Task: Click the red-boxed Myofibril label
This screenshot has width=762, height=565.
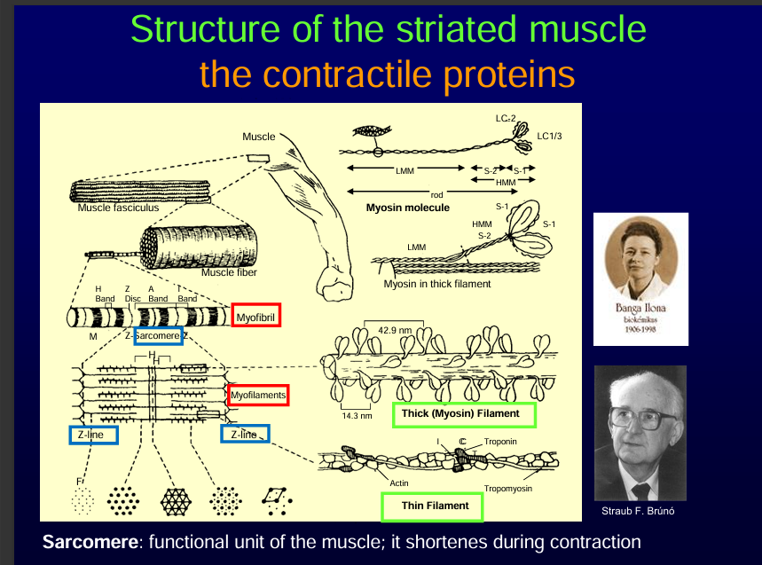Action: tap(256, 316)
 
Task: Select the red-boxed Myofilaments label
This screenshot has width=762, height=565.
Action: tap(258, 394)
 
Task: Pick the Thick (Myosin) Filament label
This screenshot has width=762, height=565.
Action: tap(460, 414)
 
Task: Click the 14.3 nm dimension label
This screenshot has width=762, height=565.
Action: tap(357, 415)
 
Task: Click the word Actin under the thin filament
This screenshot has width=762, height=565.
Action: tap(399, 483)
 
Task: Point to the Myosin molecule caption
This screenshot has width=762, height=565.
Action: tap(408, 208)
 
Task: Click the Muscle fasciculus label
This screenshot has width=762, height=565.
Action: tap(118, 208)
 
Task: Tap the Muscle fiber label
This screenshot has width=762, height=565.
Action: tap(229, 272)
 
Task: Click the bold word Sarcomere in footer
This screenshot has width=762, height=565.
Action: tap(87, 541)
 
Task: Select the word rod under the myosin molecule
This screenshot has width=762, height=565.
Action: tap(436, 194)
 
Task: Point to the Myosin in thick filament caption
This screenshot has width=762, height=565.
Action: tap(436, 284)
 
